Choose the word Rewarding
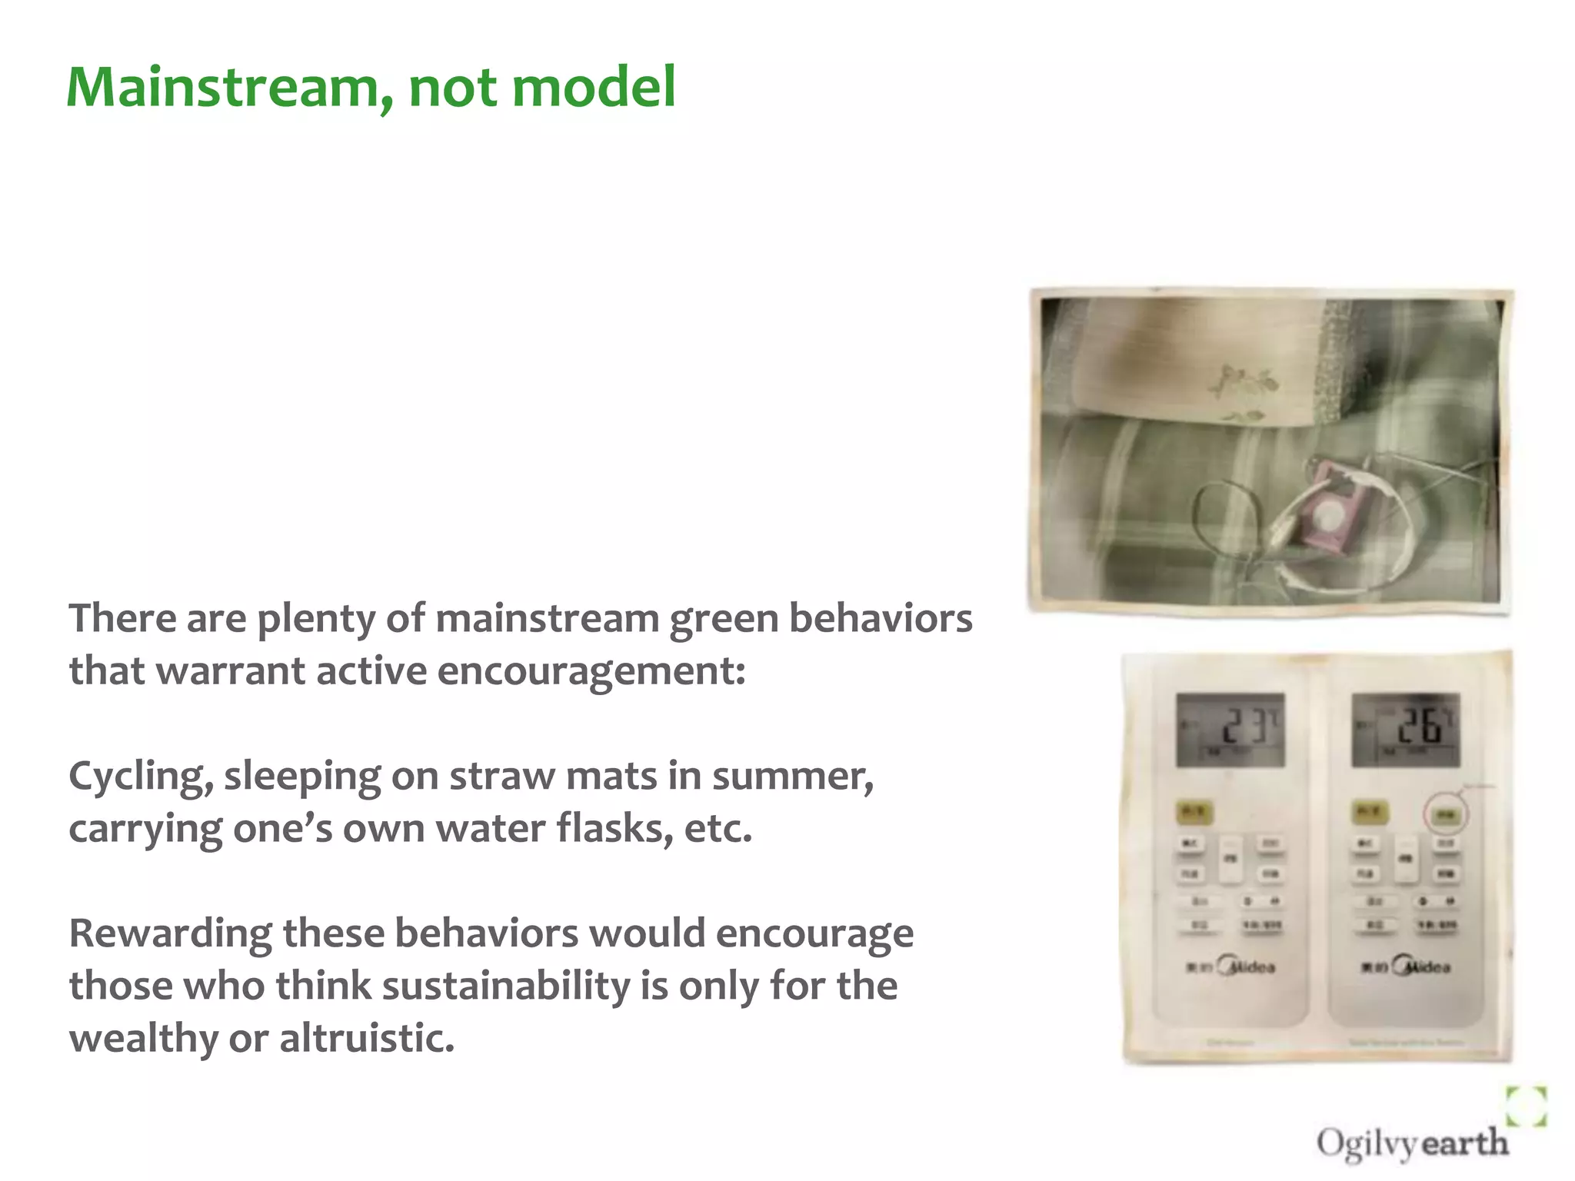point(170,934)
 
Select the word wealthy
point(143,1039)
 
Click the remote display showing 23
point(1230,729)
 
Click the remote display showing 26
point(1406,729)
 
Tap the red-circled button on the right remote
point(1446,814)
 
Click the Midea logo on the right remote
point(1423,966)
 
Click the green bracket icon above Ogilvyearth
point(1526,1106)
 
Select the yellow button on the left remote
point(1194,812)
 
